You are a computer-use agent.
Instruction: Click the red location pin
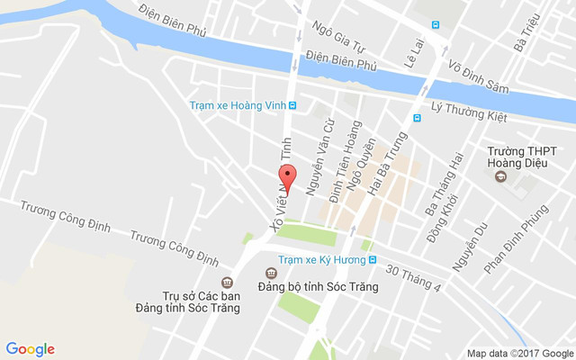[287, 178]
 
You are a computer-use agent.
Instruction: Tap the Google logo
[30, 349]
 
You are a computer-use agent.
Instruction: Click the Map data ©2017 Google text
[519, 353]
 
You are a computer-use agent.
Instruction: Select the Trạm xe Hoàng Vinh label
[237, 105]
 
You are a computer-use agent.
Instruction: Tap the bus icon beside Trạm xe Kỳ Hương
[372, 260]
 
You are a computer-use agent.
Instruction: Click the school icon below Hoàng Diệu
[501, 176]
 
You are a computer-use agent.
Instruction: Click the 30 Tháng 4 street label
[413, 278]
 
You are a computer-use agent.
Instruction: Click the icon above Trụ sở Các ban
[227, 282]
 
